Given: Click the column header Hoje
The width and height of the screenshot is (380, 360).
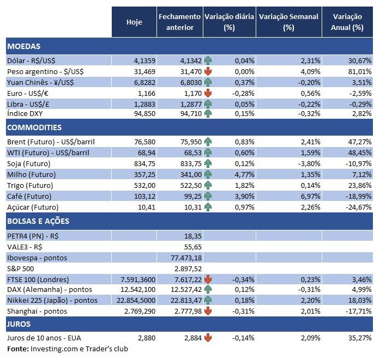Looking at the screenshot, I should point(134,22).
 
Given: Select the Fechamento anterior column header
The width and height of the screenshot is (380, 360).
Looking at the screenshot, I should point(179,22).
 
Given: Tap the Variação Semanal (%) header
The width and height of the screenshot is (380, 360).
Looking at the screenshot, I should point(288,22).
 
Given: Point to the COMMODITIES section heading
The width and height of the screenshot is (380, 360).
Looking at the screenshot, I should point(34,127).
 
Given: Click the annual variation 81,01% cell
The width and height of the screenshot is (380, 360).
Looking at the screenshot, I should point(360,71).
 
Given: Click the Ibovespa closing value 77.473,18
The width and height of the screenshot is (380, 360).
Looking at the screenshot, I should point(186,257).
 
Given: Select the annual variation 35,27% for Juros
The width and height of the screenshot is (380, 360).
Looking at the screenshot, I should point(360,338).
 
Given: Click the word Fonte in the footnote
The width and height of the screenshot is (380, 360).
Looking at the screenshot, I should point(17,349).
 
